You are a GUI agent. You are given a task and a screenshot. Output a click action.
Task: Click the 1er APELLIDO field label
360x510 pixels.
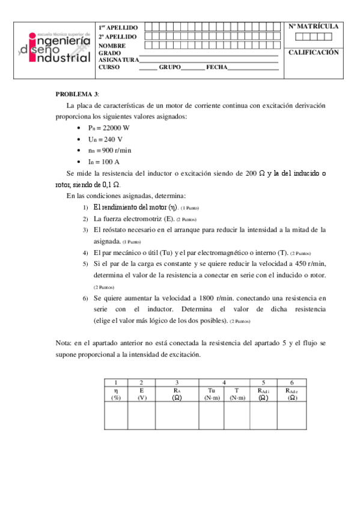click(118, 28)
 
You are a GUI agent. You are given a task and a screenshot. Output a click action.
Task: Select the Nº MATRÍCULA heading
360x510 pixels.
click(313, 26)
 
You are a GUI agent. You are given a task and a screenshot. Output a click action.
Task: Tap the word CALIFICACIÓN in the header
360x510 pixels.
click(313, 52)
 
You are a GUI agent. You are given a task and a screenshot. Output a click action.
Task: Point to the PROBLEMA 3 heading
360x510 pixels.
click(77, 94)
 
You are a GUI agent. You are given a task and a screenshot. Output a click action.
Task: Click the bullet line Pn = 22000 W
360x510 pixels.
click(109, 127)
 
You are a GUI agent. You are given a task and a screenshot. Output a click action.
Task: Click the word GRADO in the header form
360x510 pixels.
click(110, 53)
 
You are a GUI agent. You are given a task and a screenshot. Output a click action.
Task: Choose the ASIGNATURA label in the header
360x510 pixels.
click(118, 60)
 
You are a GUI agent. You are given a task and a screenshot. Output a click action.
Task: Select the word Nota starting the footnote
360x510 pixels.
click(63, 343)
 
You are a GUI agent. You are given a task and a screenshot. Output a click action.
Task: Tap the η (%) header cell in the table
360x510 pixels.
click(115, 393)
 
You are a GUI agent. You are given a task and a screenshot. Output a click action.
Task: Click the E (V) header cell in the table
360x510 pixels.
click(141, 393)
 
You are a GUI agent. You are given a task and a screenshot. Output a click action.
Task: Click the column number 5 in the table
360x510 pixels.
click(263, 382)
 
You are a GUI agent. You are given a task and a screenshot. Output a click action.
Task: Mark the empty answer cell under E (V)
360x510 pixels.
click(141, 416)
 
